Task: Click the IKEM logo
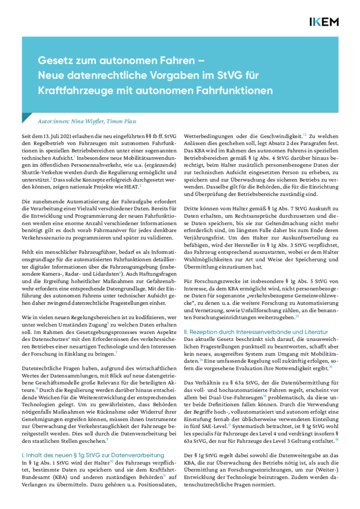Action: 324,21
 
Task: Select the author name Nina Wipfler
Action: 79,121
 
